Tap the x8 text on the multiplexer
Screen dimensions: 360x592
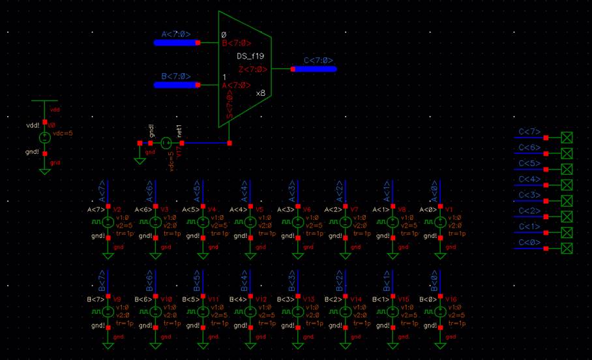pos(261,93)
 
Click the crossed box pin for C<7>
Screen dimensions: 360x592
pos(567,138)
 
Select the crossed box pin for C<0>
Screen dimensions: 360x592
pos(567,248)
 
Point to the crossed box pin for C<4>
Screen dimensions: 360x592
pos(567,185)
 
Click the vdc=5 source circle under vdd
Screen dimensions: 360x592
pos(44,138)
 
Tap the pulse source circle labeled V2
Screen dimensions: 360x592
pos(108,222)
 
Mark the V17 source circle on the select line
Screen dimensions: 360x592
pos(166,143)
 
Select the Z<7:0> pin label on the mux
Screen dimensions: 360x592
pos(252,69)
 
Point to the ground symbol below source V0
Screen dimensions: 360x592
pos(44,171)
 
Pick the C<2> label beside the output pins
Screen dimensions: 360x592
pos(529,211)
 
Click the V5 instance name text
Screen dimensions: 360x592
pos(259,210)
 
